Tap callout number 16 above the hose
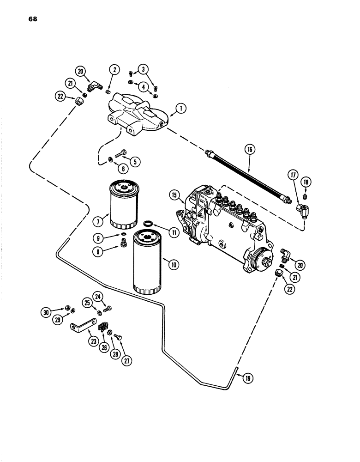tap(250, 150)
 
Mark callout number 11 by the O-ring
tap(174, 233)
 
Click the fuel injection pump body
tap(226, 222)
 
